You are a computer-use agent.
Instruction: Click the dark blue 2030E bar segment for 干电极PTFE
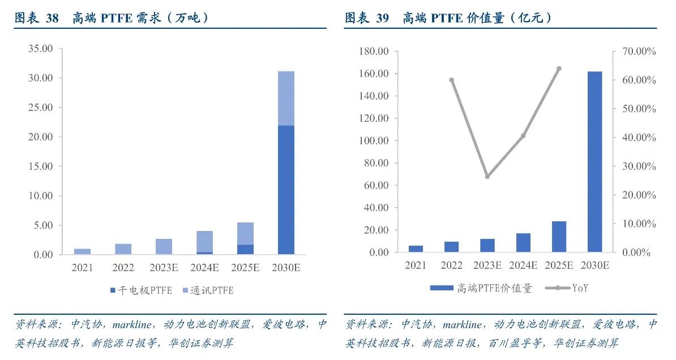pyautogui.click(x=285, y=190)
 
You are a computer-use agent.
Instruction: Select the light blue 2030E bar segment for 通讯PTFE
pyautogui.click(x=285, y=98)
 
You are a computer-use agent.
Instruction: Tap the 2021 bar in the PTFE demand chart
pyautogui.click(x=82, y=251)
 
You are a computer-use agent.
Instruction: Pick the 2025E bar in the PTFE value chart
pyautogui.click(x=559, y=237)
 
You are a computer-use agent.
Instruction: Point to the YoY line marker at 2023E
pyautogui.click(x=487, y=177)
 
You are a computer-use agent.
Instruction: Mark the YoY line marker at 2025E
pyautogui.click(x=559, y=68)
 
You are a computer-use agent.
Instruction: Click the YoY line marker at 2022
pyautogui.click(x=451, y=80)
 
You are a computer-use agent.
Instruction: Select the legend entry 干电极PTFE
pyautogui.click(x=142, y=290)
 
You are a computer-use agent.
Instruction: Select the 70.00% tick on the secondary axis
pyautogui.click(x=639, y=52)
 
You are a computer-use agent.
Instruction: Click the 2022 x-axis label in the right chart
pyautogui.click(x=451, y=265)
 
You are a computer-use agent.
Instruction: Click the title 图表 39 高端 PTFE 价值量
pyautogui.click(x=448, y=18)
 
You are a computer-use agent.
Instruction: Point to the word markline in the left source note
pyautogui.click(x=131, y=325)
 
